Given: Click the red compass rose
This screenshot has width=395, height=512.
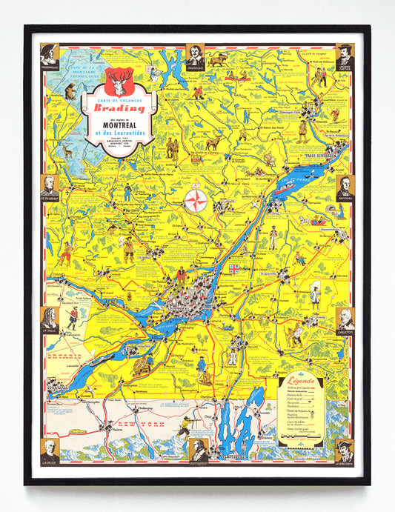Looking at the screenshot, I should (196, 200).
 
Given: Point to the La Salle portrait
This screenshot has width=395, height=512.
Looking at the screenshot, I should (50, 318).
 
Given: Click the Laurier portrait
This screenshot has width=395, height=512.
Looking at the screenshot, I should (50, 450).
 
